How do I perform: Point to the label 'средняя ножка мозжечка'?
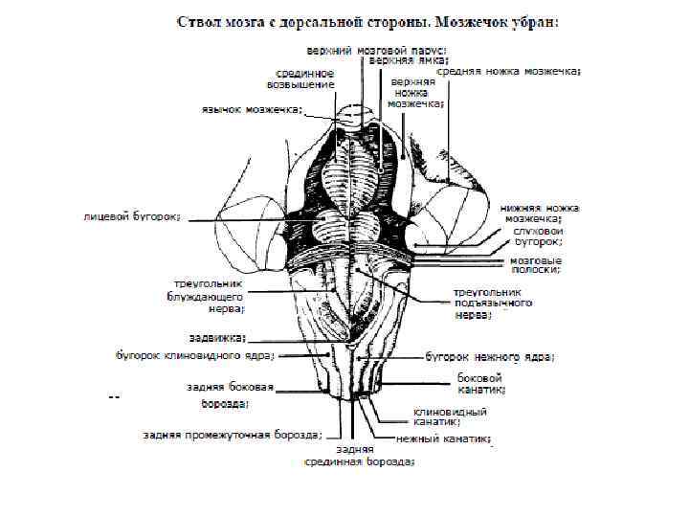pos(509,71)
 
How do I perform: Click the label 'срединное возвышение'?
pos(305,79)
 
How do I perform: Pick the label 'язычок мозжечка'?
pos(253,109)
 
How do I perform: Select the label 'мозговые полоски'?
pos(536,265)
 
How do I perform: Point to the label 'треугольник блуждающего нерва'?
pos(208,296)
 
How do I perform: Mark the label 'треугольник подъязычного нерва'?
pos(492,302)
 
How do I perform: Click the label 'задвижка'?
pos(218,337)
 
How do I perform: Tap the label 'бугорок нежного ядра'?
pos(488,356)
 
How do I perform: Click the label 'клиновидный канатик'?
pos(450,416)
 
